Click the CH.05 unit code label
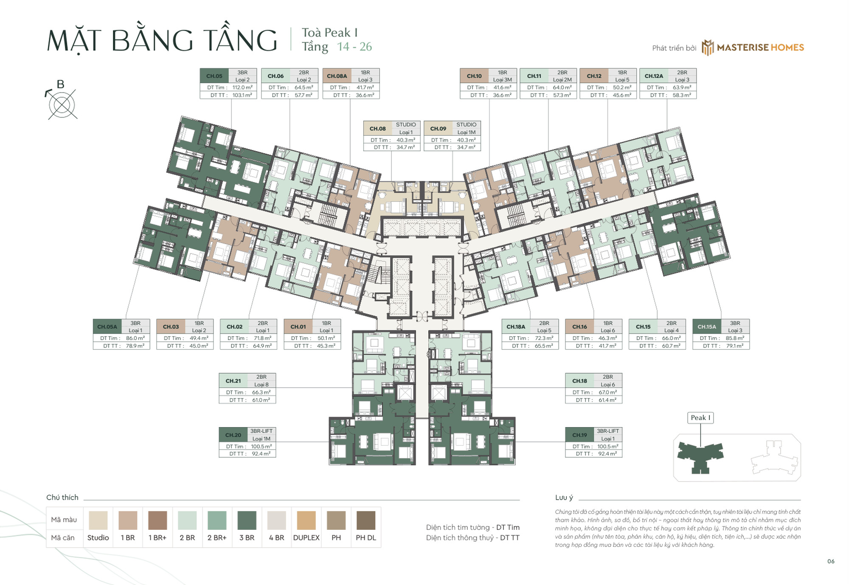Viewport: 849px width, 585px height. coord(214,76)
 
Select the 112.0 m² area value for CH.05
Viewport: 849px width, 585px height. coord(242,87)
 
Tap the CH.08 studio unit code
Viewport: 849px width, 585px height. coord(377,128)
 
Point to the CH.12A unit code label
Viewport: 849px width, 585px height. coord(653,76)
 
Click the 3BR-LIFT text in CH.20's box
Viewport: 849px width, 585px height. coord(261,431)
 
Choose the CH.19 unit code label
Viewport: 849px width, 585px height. coord(579,435)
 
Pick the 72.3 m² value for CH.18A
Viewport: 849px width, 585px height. coord(544,338)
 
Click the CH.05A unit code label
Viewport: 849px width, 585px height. coord(107,326)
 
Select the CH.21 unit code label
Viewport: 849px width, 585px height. coord(233,381)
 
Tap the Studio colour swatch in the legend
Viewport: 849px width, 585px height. coord(98,520)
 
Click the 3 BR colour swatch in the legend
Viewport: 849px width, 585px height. coord(247,520)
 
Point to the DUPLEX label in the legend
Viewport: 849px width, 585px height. coord(306,537)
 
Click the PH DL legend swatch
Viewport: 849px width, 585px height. coord(365,520)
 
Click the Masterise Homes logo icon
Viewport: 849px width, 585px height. coord(707,48)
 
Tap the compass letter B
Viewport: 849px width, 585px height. coord(60,84)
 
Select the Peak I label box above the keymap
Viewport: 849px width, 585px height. coord(700,418)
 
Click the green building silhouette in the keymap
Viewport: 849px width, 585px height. coord(700,455)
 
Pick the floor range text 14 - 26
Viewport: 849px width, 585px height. coord(354,47)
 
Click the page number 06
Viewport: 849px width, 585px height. coord(831,561)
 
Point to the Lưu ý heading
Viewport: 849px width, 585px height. coord(564,498)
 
